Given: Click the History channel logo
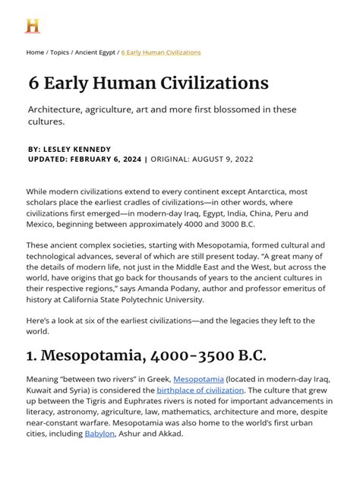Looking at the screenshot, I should pyautogui.click(x=32, y=26).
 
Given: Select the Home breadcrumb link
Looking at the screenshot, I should pyautogui.click(x=35, y=52).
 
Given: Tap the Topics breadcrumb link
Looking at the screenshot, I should pyautogui.click(x=58, y=52).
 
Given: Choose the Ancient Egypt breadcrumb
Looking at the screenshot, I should pyautogui.click(x=96, y=52).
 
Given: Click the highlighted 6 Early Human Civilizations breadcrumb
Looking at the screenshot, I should pyautogui.click(x=161, y=52).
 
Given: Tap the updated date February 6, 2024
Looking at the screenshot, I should pyautogui.click(x=107, y=159).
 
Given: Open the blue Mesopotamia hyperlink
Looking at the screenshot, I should pyautogui.click(x=198, y=379).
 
